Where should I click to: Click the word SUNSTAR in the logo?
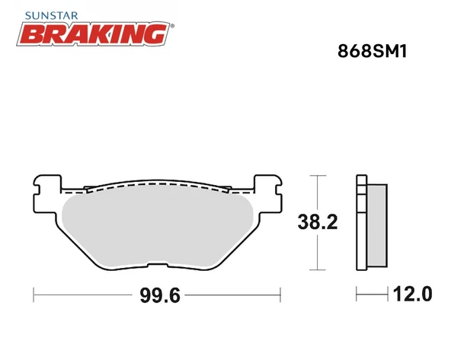click(x=52, y=15)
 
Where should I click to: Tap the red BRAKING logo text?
click(x=93, y=34)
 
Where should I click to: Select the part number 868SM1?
click(x=373, y=52)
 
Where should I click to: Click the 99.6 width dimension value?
click(x=160, y=295)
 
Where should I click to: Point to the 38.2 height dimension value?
click(x=318, y=221)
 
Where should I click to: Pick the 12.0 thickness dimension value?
click(x=412, y=294)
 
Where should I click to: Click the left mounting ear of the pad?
click(x=48, y=193)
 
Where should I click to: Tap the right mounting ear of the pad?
click(x=268, y=193)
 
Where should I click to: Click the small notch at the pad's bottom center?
click(x=157, y=265)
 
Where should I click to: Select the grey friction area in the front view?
click(x=158, y=227)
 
